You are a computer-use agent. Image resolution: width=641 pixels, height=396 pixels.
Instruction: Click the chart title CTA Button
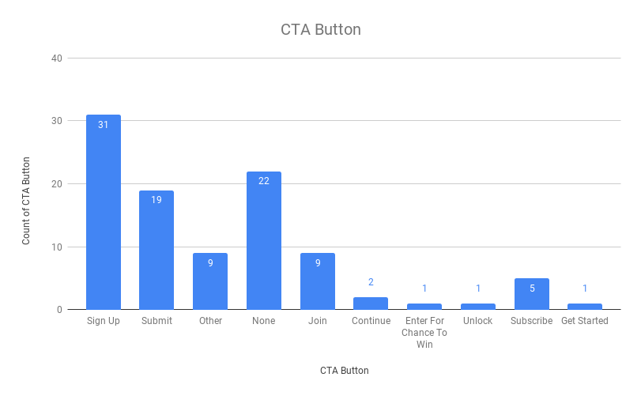tap(320, 30)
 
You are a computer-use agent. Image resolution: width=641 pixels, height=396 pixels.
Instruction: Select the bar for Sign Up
tap(104, 213)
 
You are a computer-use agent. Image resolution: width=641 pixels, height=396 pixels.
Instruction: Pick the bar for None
tap(264, 241)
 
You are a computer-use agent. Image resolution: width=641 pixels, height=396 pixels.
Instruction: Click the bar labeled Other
tap(210, 282)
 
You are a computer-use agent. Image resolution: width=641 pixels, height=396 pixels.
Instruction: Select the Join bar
tap(318, 282)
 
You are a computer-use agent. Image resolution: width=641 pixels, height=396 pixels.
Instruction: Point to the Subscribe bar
tap(532, 294)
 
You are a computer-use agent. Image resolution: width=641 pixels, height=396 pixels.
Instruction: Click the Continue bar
tap(371, 304)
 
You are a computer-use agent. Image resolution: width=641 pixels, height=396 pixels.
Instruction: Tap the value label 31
tap(104, 124)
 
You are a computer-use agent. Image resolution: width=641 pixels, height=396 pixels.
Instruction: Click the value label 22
tap(264, 181)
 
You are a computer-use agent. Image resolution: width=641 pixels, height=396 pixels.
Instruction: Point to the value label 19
tap(156, 200)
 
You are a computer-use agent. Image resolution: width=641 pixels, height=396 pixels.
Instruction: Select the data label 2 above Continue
tap(371, 282)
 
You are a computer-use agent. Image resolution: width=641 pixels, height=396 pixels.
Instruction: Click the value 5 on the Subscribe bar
tap(532, 288)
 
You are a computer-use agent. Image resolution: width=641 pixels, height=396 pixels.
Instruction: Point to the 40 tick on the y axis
tap(57, 58)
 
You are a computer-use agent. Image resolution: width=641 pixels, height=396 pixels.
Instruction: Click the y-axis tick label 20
tap(57, 183)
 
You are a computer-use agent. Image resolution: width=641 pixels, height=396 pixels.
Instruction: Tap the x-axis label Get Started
tap(585, 321)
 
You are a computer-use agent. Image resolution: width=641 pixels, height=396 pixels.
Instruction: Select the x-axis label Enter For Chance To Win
tap(424, 333)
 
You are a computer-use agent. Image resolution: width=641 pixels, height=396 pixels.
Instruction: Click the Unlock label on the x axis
tap(478, 321)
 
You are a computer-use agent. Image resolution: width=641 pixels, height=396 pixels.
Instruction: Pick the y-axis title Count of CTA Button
tap(26, 200)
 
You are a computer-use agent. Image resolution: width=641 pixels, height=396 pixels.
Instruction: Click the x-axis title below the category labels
tap(344, 370)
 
